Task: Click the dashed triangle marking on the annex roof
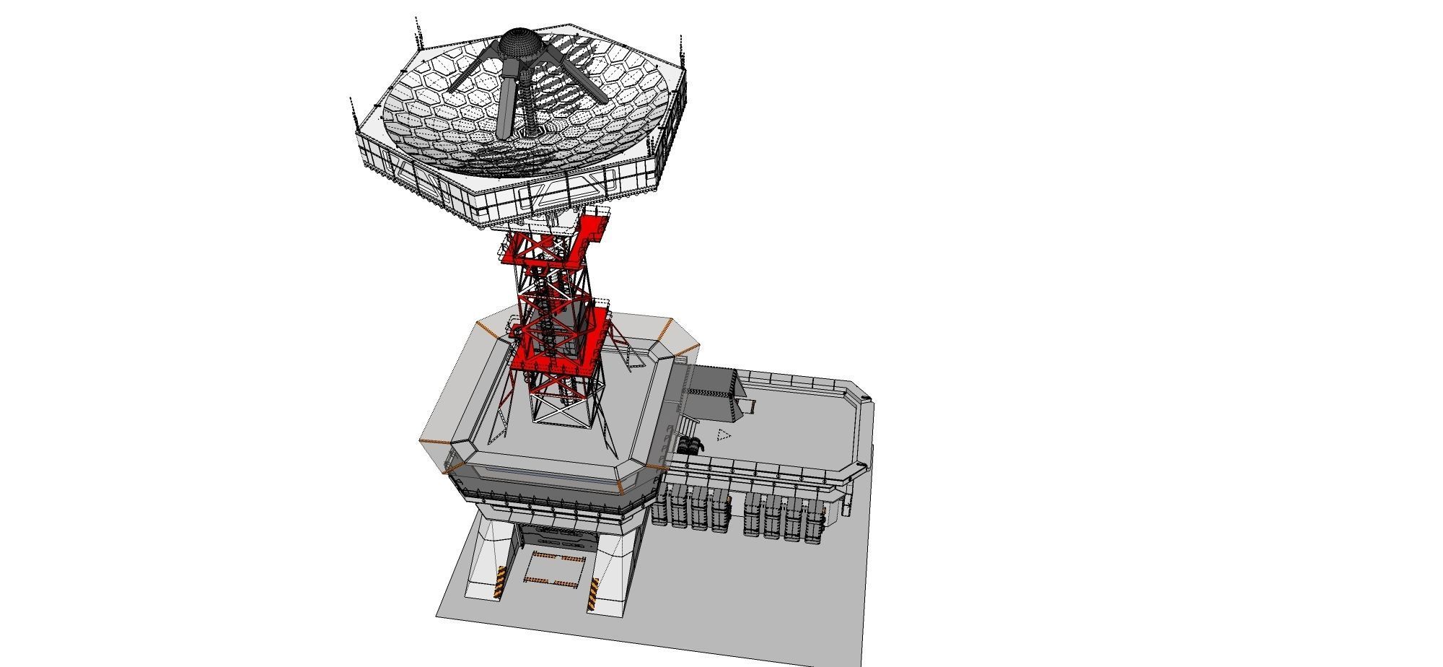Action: pyautogui.click(x=724, y=434)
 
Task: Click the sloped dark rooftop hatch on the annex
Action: pyautogui.click(x=714, y=393)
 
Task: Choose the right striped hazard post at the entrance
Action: pyautogui.click(x=593, y=596)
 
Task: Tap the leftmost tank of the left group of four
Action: pyautogui.click(x=659, y=510)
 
